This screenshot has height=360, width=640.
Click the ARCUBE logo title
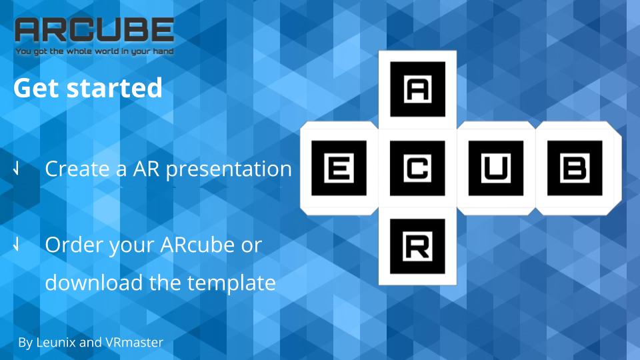click(94, 30)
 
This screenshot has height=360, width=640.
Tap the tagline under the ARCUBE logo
click(94, 51)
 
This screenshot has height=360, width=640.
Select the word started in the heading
click(115, 88)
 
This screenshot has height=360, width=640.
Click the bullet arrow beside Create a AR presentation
click(16, 168)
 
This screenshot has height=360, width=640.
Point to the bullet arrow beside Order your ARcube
click(16, 244)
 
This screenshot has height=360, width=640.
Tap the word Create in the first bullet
click(77, 169)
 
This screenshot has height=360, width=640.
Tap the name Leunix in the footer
click(55, 342)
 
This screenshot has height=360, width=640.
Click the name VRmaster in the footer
click(134, 342)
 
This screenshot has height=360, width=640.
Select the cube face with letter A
click(417, 89)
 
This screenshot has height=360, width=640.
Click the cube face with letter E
click(339, 168)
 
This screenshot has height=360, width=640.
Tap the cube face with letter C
click(417, 168)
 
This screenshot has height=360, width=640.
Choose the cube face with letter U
click(496, 168)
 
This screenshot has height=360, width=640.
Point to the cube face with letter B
click(575, 168)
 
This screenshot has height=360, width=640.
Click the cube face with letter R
click(417, 246)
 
